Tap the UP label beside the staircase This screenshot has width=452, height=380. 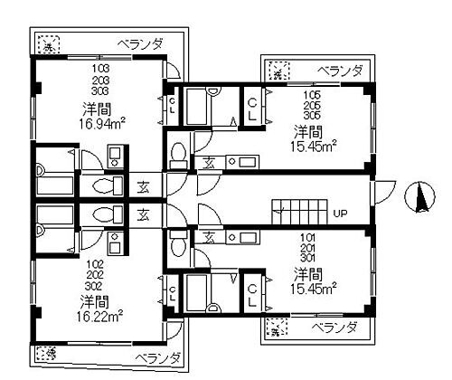[x=342, y=214]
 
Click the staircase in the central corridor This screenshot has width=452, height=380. [x=298, y=212]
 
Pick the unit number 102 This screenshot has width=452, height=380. [x=100, y=265]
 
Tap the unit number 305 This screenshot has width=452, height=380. [x=311, y=114]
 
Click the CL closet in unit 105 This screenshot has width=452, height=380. [x=252, y=110]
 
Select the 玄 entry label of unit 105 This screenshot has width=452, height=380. [x=209, y=162]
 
